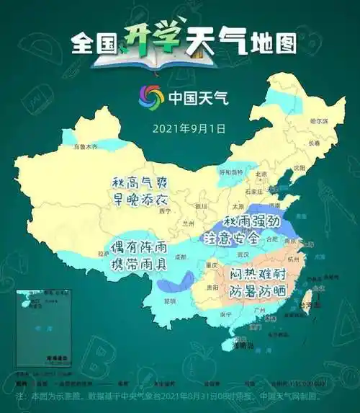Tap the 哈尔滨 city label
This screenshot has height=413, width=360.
coord(318,121)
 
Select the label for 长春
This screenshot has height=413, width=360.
coord(314,143)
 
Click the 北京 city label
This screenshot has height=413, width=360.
coord(261,174)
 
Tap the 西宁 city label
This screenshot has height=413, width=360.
coord(166,211)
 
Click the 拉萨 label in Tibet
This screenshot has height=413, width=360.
coord(104,254)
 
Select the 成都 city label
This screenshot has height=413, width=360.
coord(179,257)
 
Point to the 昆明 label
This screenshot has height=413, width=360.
coord(170,300)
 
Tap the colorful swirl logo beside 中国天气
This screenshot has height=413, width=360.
coord(151,96)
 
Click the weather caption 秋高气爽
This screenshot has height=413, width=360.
coord(141,182)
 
